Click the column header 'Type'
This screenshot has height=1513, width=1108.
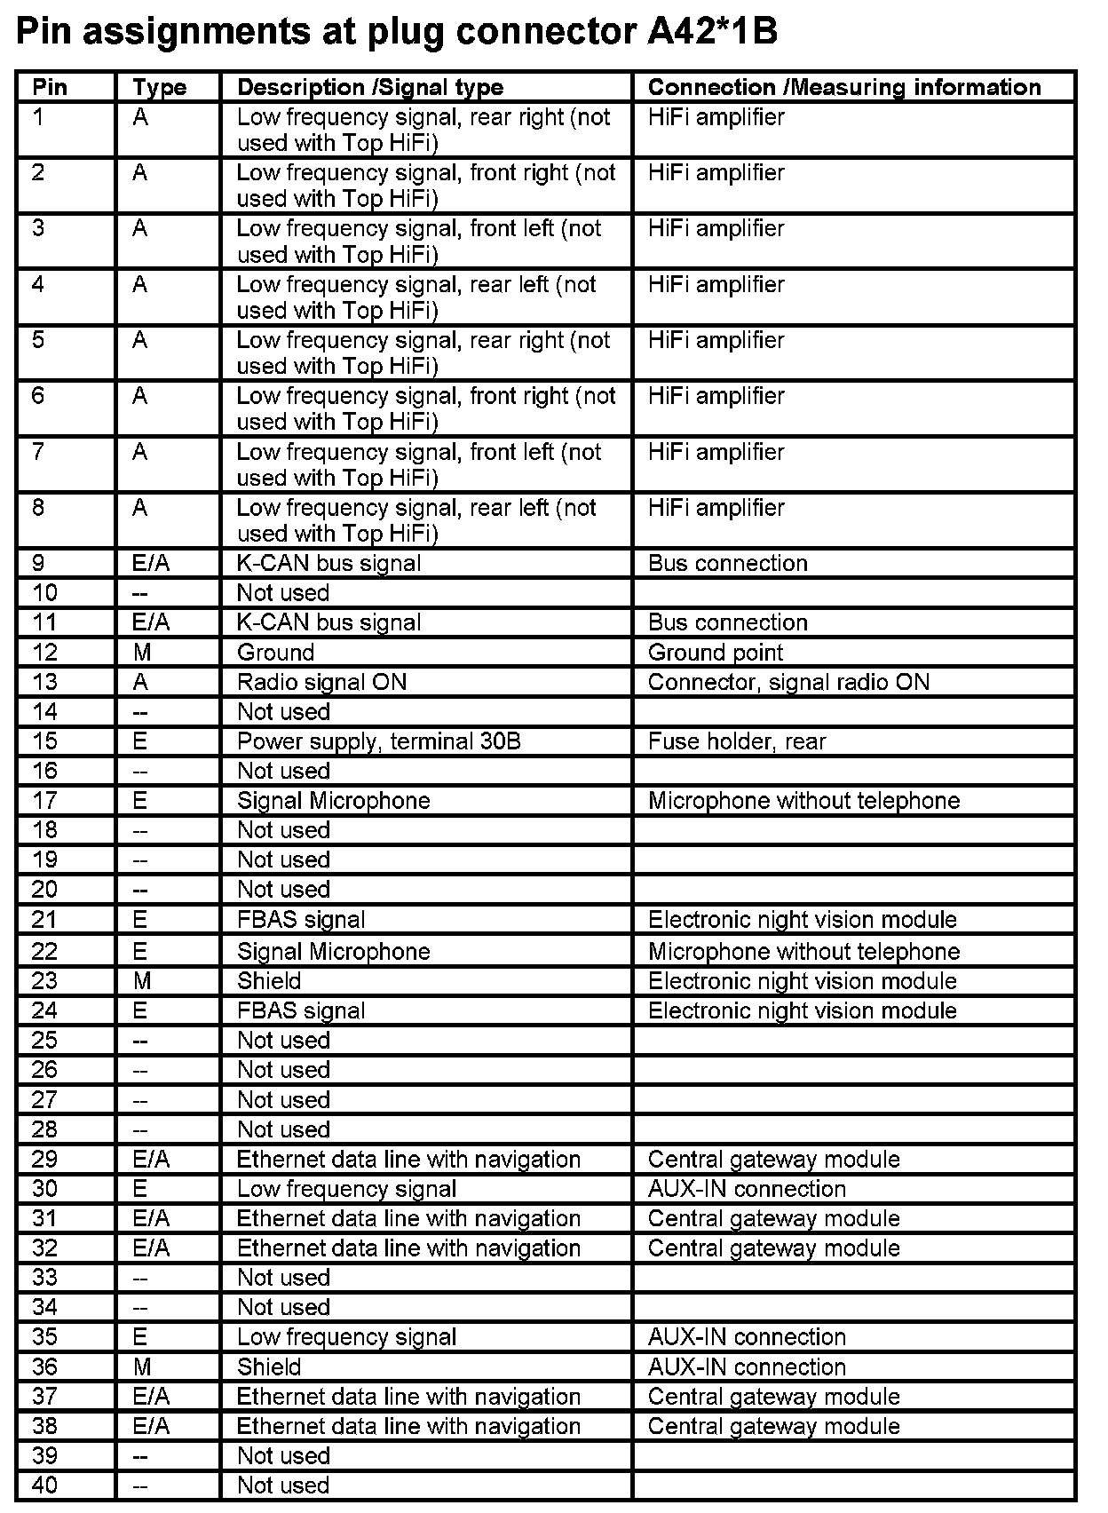[x=159, y=87]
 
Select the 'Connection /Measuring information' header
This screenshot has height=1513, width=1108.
[x=843, y=87]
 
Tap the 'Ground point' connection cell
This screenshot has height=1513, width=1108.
[x=715, y=653]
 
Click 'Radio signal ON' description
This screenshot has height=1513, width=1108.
[x=321, y=682]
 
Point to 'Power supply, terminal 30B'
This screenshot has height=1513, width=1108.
[x=378, y=741]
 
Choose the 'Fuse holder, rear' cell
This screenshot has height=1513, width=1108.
[x=736, y=741]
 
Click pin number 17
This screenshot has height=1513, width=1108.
[x=44, y=801]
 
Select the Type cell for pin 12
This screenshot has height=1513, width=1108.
[x=142, y=653]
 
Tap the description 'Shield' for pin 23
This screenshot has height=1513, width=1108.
[x=269, y=981]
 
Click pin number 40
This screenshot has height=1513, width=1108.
[x=44, y=1485]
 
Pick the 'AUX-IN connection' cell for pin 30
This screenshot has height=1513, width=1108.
[x=746, y=1189]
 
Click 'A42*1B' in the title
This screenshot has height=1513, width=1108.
[x=708, y=32]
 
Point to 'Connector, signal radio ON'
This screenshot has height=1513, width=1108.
[x=788, y=682]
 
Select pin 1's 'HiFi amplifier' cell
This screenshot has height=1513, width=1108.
[x=716, y=117]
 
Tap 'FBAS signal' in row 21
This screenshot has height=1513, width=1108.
[x=301, y=920]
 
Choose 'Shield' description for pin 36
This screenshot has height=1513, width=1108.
[x=269, y=1367]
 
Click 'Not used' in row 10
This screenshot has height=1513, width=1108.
[x=282, y=593]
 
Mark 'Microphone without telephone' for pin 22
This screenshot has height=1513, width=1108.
[x=803, y=952]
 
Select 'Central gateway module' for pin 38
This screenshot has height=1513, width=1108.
[x=773, y=1426]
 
